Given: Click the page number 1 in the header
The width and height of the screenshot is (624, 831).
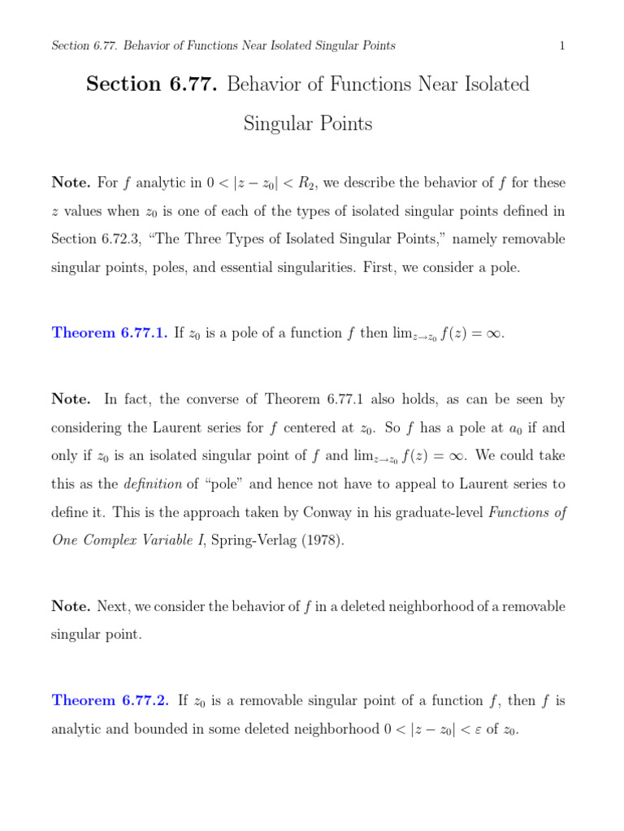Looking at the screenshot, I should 561,45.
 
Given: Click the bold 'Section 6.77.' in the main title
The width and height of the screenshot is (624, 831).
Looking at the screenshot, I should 152,84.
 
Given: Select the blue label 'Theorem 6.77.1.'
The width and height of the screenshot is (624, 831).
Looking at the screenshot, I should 110,334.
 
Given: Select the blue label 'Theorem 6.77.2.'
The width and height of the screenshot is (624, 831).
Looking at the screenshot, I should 110,700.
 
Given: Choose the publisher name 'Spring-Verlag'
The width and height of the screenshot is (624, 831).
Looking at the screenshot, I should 241,540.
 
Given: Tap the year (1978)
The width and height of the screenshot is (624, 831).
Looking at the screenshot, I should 315,540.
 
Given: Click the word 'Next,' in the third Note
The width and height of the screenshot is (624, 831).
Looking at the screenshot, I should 114,606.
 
